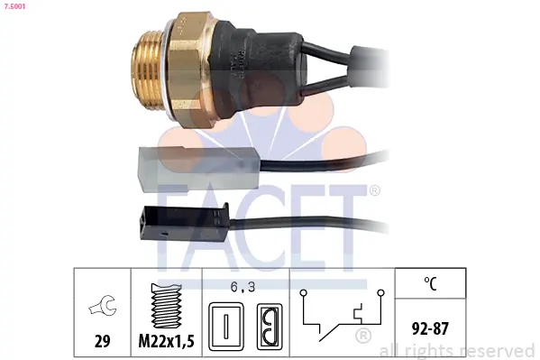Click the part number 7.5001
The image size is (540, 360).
tap(14, 6)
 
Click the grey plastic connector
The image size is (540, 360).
tap(198, 168)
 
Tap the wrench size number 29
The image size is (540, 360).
tap(102, 341)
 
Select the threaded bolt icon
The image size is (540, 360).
tap(167, 306)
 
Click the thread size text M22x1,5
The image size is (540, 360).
tap(167, 341)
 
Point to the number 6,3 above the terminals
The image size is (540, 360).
tap(243, 287)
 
